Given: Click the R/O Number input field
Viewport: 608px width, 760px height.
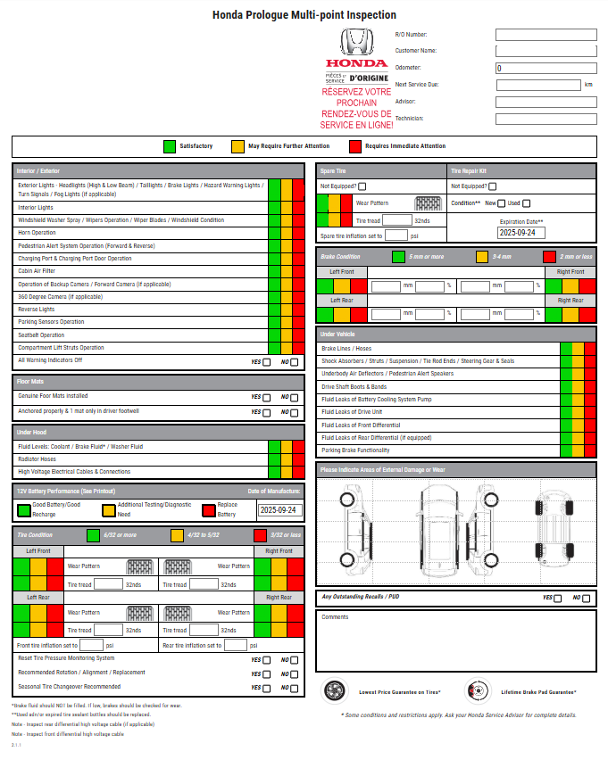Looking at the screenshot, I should click(x=546, y=35).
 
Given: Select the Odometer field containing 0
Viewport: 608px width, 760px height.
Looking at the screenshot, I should click(x=546, y=68).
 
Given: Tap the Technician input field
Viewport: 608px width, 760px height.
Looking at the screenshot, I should click(x=546, y=119).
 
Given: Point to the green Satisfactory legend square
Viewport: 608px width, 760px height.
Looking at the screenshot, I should click(x=170, y=146).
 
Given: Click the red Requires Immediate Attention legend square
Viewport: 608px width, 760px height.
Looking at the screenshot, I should click(x=354, y=146).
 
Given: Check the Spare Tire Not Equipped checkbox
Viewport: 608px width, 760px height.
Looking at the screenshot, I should click(x=362, y=186).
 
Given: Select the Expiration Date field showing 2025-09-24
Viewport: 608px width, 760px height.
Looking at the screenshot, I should click(x=521, y=233).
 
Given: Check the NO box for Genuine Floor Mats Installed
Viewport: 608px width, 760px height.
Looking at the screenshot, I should click(x=296, y=398).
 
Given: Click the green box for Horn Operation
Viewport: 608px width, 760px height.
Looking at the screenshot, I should click(x=274, y=233).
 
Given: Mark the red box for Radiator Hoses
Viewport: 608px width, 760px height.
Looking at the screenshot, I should click(x=298, y=459).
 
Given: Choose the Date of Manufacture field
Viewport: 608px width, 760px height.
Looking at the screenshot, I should click(x=279, y=511).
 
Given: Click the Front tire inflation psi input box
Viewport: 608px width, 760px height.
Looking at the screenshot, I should click(x=91, y=645).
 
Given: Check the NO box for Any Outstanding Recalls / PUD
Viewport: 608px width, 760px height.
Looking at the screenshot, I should click(x=587, y=599).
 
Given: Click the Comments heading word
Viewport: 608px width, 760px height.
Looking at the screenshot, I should click(x=335, y=617).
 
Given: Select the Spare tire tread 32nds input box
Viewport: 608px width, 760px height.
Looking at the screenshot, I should click(x=397, y=220).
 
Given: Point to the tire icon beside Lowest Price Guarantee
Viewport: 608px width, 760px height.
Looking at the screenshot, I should click(x=335, y=691).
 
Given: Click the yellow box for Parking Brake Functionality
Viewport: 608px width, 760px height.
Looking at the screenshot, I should click(x=578, y=450).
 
